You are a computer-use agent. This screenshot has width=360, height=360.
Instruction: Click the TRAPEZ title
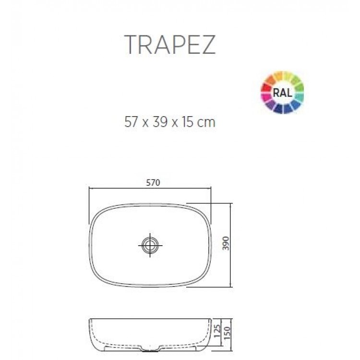point(170,45)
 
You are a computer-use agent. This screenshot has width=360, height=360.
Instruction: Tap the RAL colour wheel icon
point(282,92)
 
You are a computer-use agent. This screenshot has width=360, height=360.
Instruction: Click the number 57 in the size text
point(131,122)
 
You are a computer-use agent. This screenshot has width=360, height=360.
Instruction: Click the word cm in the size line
point(207,123)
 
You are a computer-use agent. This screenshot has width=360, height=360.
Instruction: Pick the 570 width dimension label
point(153,182)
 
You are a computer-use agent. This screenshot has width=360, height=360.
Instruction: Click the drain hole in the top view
point(151,245)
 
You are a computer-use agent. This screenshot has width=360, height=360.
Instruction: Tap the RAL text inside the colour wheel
point(282,93)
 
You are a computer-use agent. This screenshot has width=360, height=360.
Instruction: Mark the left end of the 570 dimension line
point(90,189)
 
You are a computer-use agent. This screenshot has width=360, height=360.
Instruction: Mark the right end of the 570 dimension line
point(212,189)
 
